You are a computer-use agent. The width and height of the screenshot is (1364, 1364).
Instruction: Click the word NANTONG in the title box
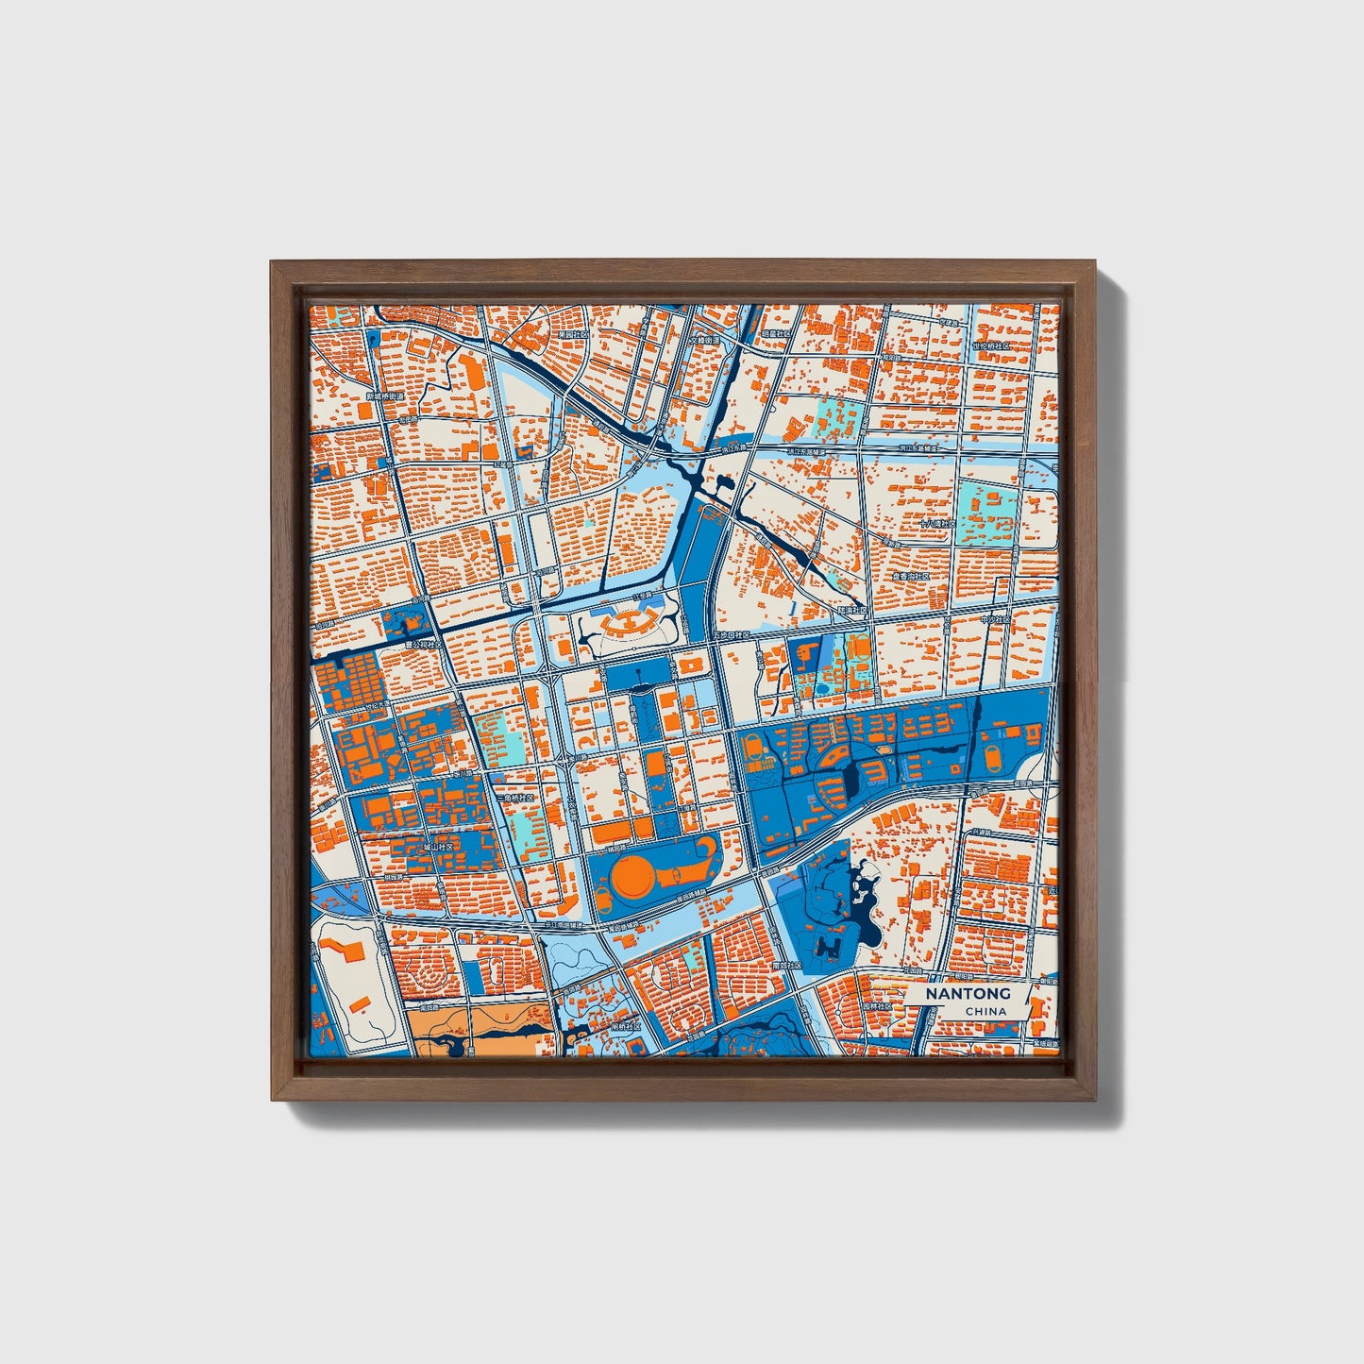pos(968,994)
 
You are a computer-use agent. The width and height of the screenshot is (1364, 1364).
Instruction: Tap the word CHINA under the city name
pos(985,1011)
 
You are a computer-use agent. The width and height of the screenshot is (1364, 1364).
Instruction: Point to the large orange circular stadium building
pos(632,875)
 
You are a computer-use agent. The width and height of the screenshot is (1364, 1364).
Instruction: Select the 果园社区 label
pos(572,333)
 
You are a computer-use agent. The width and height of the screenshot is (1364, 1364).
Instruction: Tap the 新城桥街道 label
pos(384,396)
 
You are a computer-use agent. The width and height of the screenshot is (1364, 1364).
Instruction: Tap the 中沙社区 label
pos(994,620)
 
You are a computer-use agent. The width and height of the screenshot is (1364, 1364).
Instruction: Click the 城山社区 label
pos(436,847)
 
